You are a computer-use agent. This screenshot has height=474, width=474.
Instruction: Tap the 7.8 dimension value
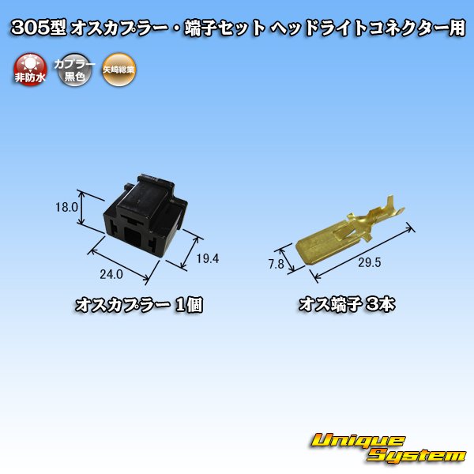276,265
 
